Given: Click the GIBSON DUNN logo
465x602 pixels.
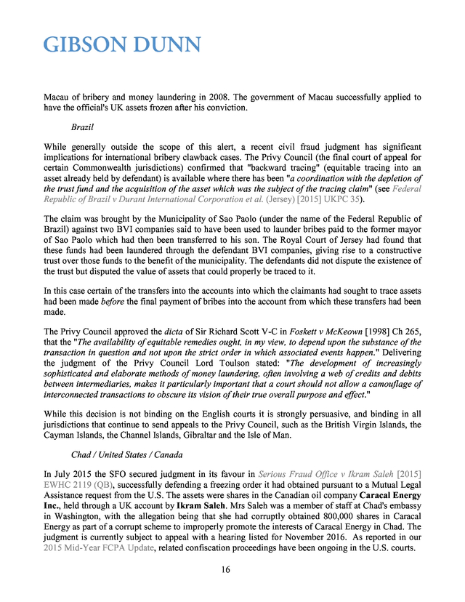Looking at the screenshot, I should pos(122,45).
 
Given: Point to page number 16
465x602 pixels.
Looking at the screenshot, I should pos(225,569).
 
